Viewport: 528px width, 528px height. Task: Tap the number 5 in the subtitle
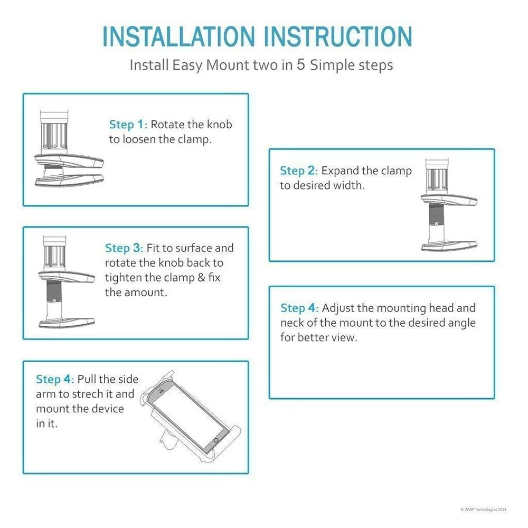coord(300,64)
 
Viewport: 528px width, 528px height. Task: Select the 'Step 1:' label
coord(128,124)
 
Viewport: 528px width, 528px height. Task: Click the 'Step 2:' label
coord(299,171)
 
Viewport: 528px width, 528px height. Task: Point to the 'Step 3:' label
coord(124,248)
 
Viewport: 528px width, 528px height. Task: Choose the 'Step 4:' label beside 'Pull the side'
coord(55,379)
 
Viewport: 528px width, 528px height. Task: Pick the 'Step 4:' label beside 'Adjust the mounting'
coord(299,308)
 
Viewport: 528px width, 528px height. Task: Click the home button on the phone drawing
coord(216,440)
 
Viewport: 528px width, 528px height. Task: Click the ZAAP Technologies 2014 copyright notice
coord(483,510)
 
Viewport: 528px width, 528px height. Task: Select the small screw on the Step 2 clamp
coord(436,223)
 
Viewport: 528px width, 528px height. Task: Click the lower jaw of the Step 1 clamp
coord(69,180)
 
